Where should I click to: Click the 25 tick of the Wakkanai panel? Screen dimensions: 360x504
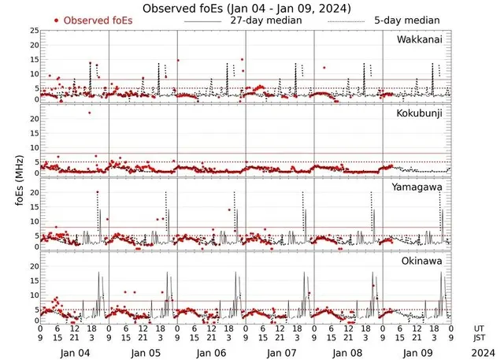pyautogui.click(x=33, y=31)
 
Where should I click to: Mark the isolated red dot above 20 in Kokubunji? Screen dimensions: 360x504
pyautogui.click(x=89, y=113)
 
